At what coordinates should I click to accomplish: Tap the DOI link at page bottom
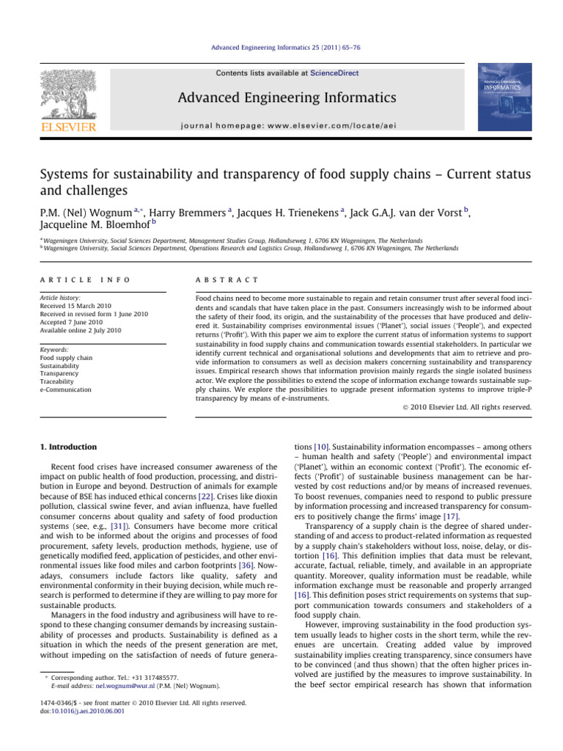point(77,710)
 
